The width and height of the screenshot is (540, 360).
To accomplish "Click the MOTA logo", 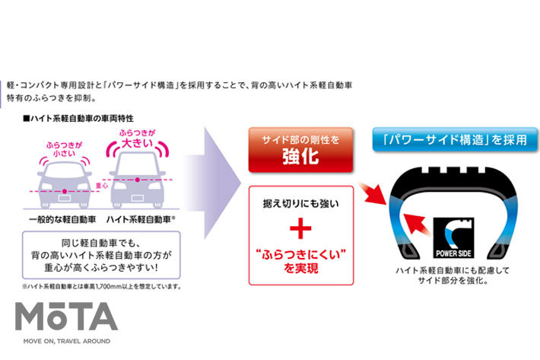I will pyautogui.click(x=67, y=316).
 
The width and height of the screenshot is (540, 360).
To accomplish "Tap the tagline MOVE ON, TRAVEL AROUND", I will pyautogui.click(x=67, y=341).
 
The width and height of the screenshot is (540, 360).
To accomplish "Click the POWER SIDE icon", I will pyautogui.click(x=455, y=238).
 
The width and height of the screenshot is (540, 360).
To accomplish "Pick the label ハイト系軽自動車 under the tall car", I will pyautogui.click(x=141, y=218).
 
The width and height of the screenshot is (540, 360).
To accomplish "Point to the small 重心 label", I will pyautogui.click(x=99, y=183).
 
